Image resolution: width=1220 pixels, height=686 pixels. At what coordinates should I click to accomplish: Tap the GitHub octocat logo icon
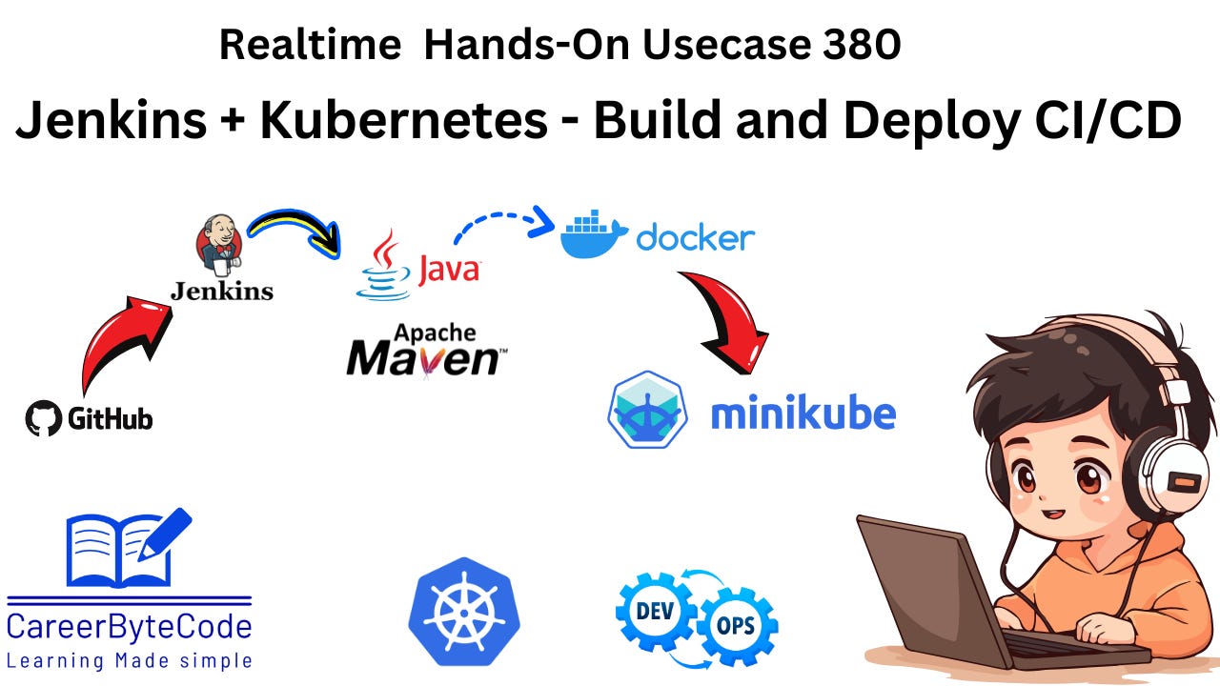pos(43,418)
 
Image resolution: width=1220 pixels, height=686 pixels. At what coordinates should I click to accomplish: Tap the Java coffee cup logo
pos(384,266)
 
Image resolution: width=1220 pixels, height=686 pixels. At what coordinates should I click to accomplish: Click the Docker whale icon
pos(593,235)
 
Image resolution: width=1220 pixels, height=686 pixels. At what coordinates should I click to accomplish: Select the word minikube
pos(803,414)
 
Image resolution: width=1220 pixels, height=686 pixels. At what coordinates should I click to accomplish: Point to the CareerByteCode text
pos(130,626)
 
